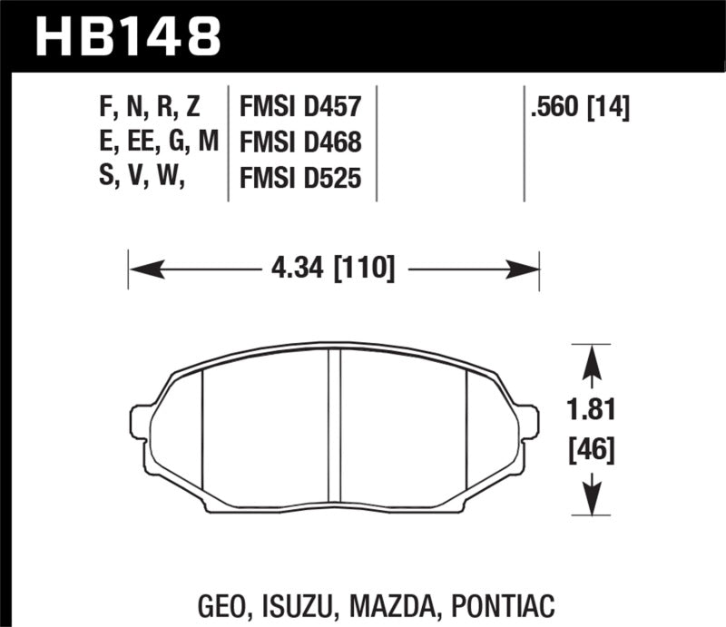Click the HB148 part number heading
click(128, 36)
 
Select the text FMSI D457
click(300, 109)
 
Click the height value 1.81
click(592, 411)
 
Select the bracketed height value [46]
click(592, 448)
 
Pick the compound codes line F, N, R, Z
click(150, 109)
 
